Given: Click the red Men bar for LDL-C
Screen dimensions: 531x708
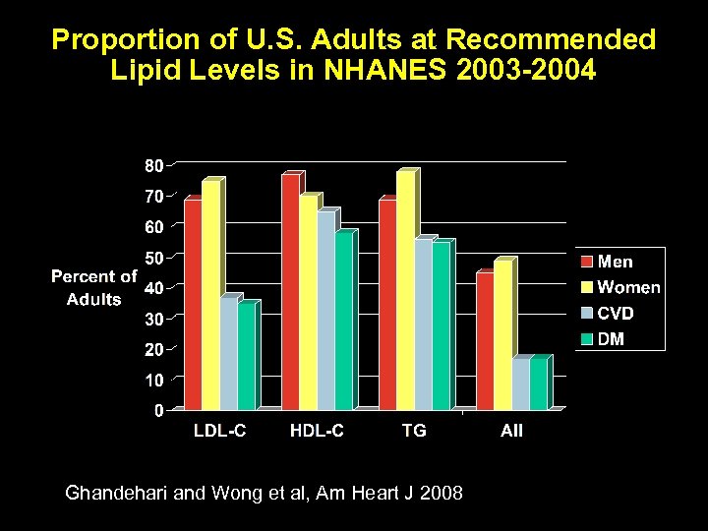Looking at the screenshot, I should [x=193, y=304].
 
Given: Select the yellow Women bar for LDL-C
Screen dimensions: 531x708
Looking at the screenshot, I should [x=210, y=295].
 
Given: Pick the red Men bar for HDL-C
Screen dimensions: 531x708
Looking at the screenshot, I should [x=290, y=292].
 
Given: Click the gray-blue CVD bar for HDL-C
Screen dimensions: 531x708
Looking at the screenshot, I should [x=325, y=311].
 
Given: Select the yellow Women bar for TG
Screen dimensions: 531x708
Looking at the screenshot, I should [x=405, y=290].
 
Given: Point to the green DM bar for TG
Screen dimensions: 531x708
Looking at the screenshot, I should [x=441, y=325].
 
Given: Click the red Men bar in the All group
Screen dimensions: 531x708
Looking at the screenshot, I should [x=485, y=340].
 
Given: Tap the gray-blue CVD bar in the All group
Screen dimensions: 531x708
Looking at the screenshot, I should [x=520, y=384].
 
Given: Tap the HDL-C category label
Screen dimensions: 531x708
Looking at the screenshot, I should [x=317, y=431].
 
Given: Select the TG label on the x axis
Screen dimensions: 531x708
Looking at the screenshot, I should [x=414, y=431].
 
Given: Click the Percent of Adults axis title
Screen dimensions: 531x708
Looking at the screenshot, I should [x=93, y=288].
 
